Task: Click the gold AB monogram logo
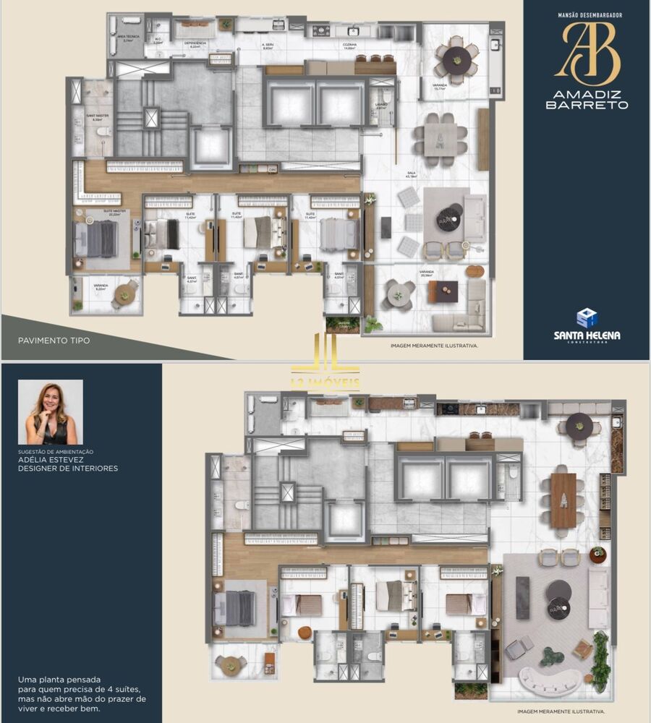click(x=587, y=53)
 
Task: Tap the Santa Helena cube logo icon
click(x=587, y=317)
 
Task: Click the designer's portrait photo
click(x=50, y=412)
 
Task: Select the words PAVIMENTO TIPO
click(x=55, y=340)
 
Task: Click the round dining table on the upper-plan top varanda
click(x=456, y=61)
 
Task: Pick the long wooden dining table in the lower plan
click(x=563, y=500)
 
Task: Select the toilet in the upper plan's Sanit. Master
click(x=103, y=132)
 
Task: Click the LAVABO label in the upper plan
click(x=382, y=105)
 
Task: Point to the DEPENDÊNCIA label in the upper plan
click(x=195, y=43)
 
